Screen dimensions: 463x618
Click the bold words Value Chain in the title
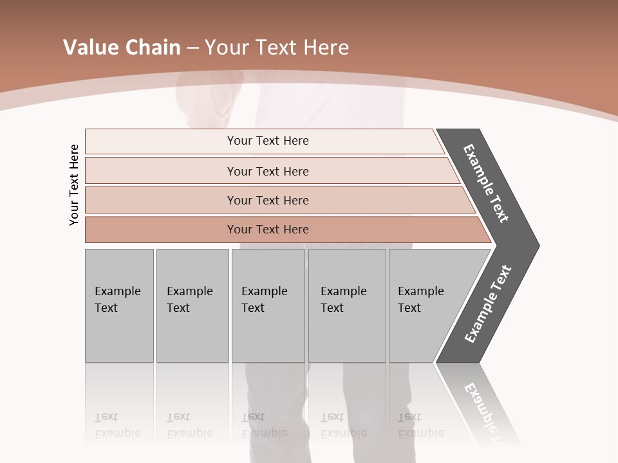click(122, 48)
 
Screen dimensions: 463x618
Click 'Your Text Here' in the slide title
click(277, 48)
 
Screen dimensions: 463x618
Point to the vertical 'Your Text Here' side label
click(74, 185)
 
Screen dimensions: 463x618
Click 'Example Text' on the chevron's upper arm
click(486, 183)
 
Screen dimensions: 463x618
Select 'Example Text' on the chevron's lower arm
click(488, 304)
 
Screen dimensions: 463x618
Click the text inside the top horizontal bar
click(268, 141)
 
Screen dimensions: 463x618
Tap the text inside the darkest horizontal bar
click(268, 230)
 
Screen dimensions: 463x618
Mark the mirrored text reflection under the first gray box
click(117, 426)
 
